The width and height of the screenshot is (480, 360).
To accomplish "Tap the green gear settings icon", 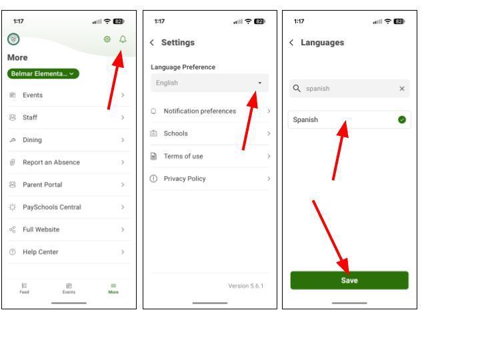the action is point(107,39).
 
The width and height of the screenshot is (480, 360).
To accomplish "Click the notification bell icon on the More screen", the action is point(123,39).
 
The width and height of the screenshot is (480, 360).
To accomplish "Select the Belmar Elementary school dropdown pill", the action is point(43,74).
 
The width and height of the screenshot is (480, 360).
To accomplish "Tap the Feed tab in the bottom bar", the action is point(24,289).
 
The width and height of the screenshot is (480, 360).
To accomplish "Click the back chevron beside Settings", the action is point(152,43).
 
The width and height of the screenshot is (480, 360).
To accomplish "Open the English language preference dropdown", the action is point(210,83).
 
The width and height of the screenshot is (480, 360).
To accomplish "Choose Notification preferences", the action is point(210,111).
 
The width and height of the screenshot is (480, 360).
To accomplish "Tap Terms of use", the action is point(210,156).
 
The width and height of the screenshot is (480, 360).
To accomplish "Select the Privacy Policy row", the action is point(210,179).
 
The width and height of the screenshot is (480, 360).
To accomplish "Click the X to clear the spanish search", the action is point(402,89).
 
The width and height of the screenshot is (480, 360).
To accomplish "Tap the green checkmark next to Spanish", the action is point(402,120).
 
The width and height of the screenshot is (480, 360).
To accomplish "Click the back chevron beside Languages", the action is point(291,43).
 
